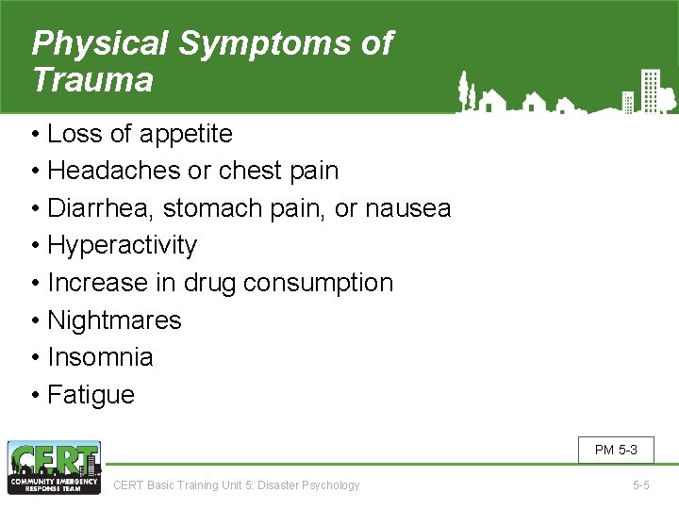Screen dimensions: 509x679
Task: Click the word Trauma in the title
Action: point(92,80)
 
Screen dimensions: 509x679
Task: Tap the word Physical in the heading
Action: point(99,43)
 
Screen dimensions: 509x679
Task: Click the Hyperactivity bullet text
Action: point(122,246)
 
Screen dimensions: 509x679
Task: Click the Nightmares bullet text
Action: point(114,320)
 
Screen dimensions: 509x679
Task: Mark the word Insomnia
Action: point(100,357)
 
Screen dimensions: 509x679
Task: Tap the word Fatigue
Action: point(91,395)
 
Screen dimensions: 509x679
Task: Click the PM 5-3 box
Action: point(616,450)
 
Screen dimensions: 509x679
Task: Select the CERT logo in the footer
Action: point(54,467)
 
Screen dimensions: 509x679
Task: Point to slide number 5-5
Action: point(640,485)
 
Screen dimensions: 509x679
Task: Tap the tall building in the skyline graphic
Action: point(648,90)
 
